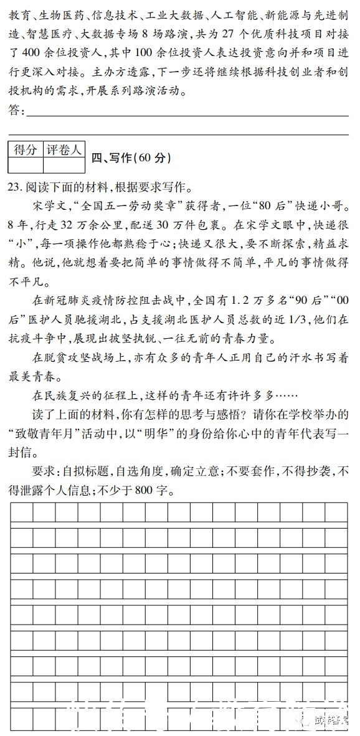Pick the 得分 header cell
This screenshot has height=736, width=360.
[x=26, y=149]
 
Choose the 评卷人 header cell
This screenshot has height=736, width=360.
[x=64, y=149]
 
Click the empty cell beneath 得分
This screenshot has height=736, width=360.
[x=26, y=165]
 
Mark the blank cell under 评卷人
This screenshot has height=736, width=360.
[x=64, y=165]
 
